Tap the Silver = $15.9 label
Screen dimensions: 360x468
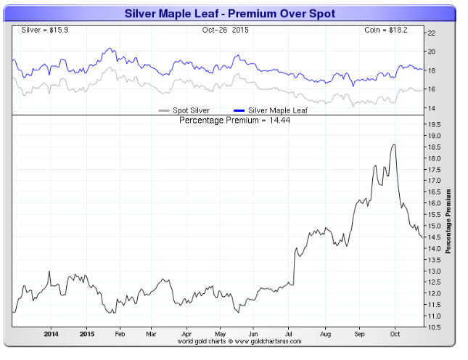34,30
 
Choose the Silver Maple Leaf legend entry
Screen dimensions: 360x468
274,110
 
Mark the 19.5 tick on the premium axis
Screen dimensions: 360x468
432,125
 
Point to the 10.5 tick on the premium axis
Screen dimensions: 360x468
432,327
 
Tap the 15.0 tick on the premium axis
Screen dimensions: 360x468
432,226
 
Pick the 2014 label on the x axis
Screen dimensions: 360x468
51,335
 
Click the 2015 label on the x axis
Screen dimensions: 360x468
86,335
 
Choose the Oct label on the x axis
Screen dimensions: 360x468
394,335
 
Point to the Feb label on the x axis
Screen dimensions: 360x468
120,335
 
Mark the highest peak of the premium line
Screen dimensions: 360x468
393,144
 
